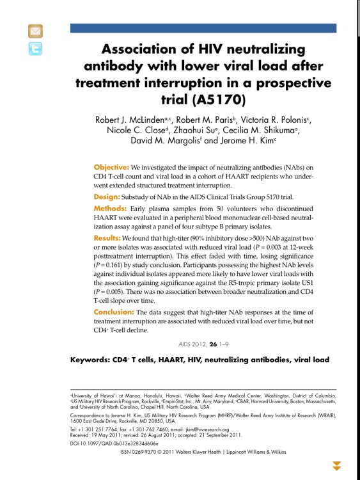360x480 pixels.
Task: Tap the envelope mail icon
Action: click(x=35, y=31)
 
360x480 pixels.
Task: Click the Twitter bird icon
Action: click(x=35, y=49)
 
